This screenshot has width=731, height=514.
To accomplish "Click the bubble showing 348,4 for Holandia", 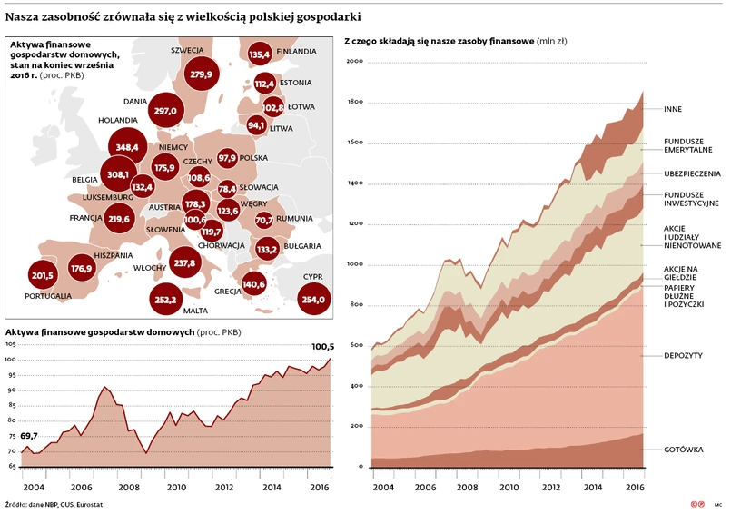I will click(126, 147).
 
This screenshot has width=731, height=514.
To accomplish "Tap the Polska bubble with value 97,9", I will click(227, 158).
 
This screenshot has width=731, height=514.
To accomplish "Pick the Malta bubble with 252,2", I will click(166, 299).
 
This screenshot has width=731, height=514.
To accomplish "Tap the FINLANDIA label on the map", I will click(297, 52).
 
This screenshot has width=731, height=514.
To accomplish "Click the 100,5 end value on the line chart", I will click(323, 346).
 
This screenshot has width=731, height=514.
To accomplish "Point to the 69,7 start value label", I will click(30, 437).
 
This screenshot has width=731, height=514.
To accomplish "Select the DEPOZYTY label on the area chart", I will click(684, 355).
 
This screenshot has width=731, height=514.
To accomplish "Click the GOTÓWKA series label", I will click(683, 450).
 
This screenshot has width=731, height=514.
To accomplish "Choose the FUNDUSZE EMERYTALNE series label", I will click(687, 145).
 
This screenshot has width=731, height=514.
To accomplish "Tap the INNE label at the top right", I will click(673, 109).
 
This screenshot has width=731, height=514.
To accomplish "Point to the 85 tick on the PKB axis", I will click(11, 406).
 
